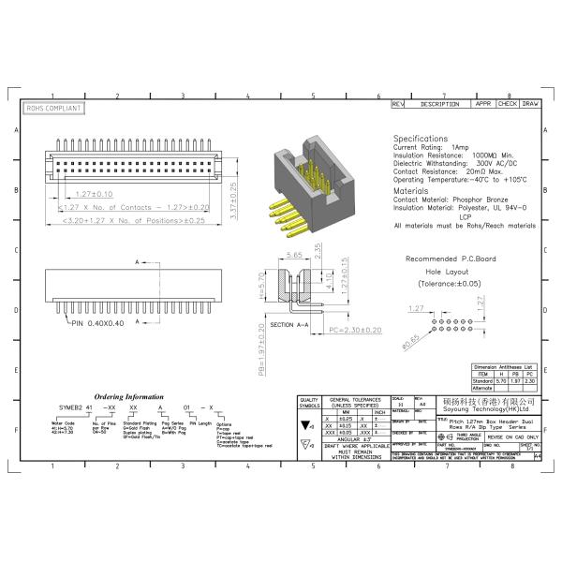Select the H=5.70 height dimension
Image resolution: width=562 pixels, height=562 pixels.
coord(259,291)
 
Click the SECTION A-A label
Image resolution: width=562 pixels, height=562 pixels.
coord(290,323)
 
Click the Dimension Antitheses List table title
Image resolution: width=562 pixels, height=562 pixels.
coord(504,367)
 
